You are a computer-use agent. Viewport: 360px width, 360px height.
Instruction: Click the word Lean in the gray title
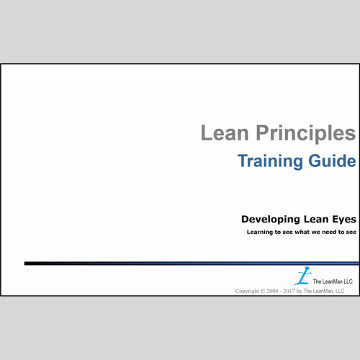point(222,133)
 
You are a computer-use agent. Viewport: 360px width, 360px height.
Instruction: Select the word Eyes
point(344,218)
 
